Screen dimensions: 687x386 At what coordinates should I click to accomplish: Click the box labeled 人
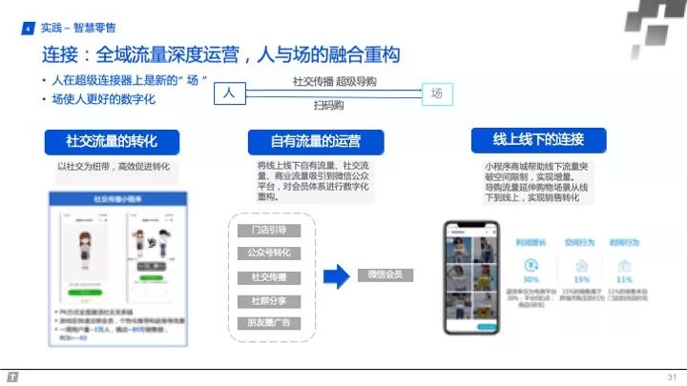pyautogui.click(x=228, y=93)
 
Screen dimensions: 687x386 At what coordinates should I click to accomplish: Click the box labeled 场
pyautogui.click(x=437, y=93)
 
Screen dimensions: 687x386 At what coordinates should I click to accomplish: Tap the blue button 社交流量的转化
pyautogui.click(x=111, y=142)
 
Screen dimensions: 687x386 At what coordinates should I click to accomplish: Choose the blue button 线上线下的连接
pyautogui.click(x=538, y=140)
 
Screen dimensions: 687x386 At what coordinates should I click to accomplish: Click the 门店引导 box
pyautogui.click(x=269, y=231)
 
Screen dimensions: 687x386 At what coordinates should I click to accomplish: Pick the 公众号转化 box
pyautogui.click(x=269, y=254)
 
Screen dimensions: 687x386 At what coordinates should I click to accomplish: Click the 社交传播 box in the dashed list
pyautogui.click(x=269, y=276)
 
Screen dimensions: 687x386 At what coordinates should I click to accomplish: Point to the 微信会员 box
pyautogui.click(x=385, y=275)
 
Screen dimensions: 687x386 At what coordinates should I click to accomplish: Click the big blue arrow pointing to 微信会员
pyautogui.click(x=337, y=276)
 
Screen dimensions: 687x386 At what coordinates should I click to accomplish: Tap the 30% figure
pyautogui.click(x=530, y=280)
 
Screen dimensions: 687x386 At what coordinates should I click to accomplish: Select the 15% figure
pyautogui.click(x=581, y=280)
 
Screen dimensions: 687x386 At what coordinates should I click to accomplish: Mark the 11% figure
pyautogui.click(x=625, y=280)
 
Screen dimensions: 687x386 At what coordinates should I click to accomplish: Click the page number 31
pyautogui.click(x=671, y=376)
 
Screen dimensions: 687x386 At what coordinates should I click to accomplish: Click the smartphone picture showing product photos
pyautogui.click(x=470, y=277)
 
